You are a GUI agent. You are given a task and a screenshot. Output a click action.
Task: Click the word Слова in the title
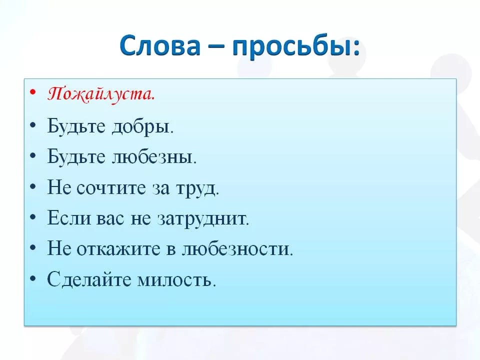coord(160,45)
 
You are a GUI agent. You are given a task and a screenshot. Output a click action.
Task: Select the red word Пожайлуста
coord(101,93)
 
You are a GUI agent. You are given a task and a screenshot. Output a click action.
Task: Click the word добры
coord(142,126)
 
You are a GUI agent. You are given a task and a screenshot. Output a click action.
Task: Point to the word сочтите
coord(110,188)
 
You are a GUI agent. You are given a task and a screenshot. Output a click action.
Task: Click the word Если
coord(69,218)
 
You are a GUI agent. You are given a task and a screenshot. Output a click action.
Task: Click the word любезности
coord(237,249)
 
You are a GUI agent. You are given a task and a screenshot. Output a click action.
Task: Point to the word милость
coord(176,280)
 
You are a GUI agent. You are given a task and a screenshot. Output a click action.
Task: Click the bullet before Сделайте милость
coord(33,278)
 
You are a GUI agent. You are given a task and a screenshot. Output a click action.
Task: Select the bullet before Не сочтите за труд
coord(33,186)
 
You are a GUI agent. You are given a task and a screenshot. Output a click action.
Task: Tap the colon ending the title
coord(356,48)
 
